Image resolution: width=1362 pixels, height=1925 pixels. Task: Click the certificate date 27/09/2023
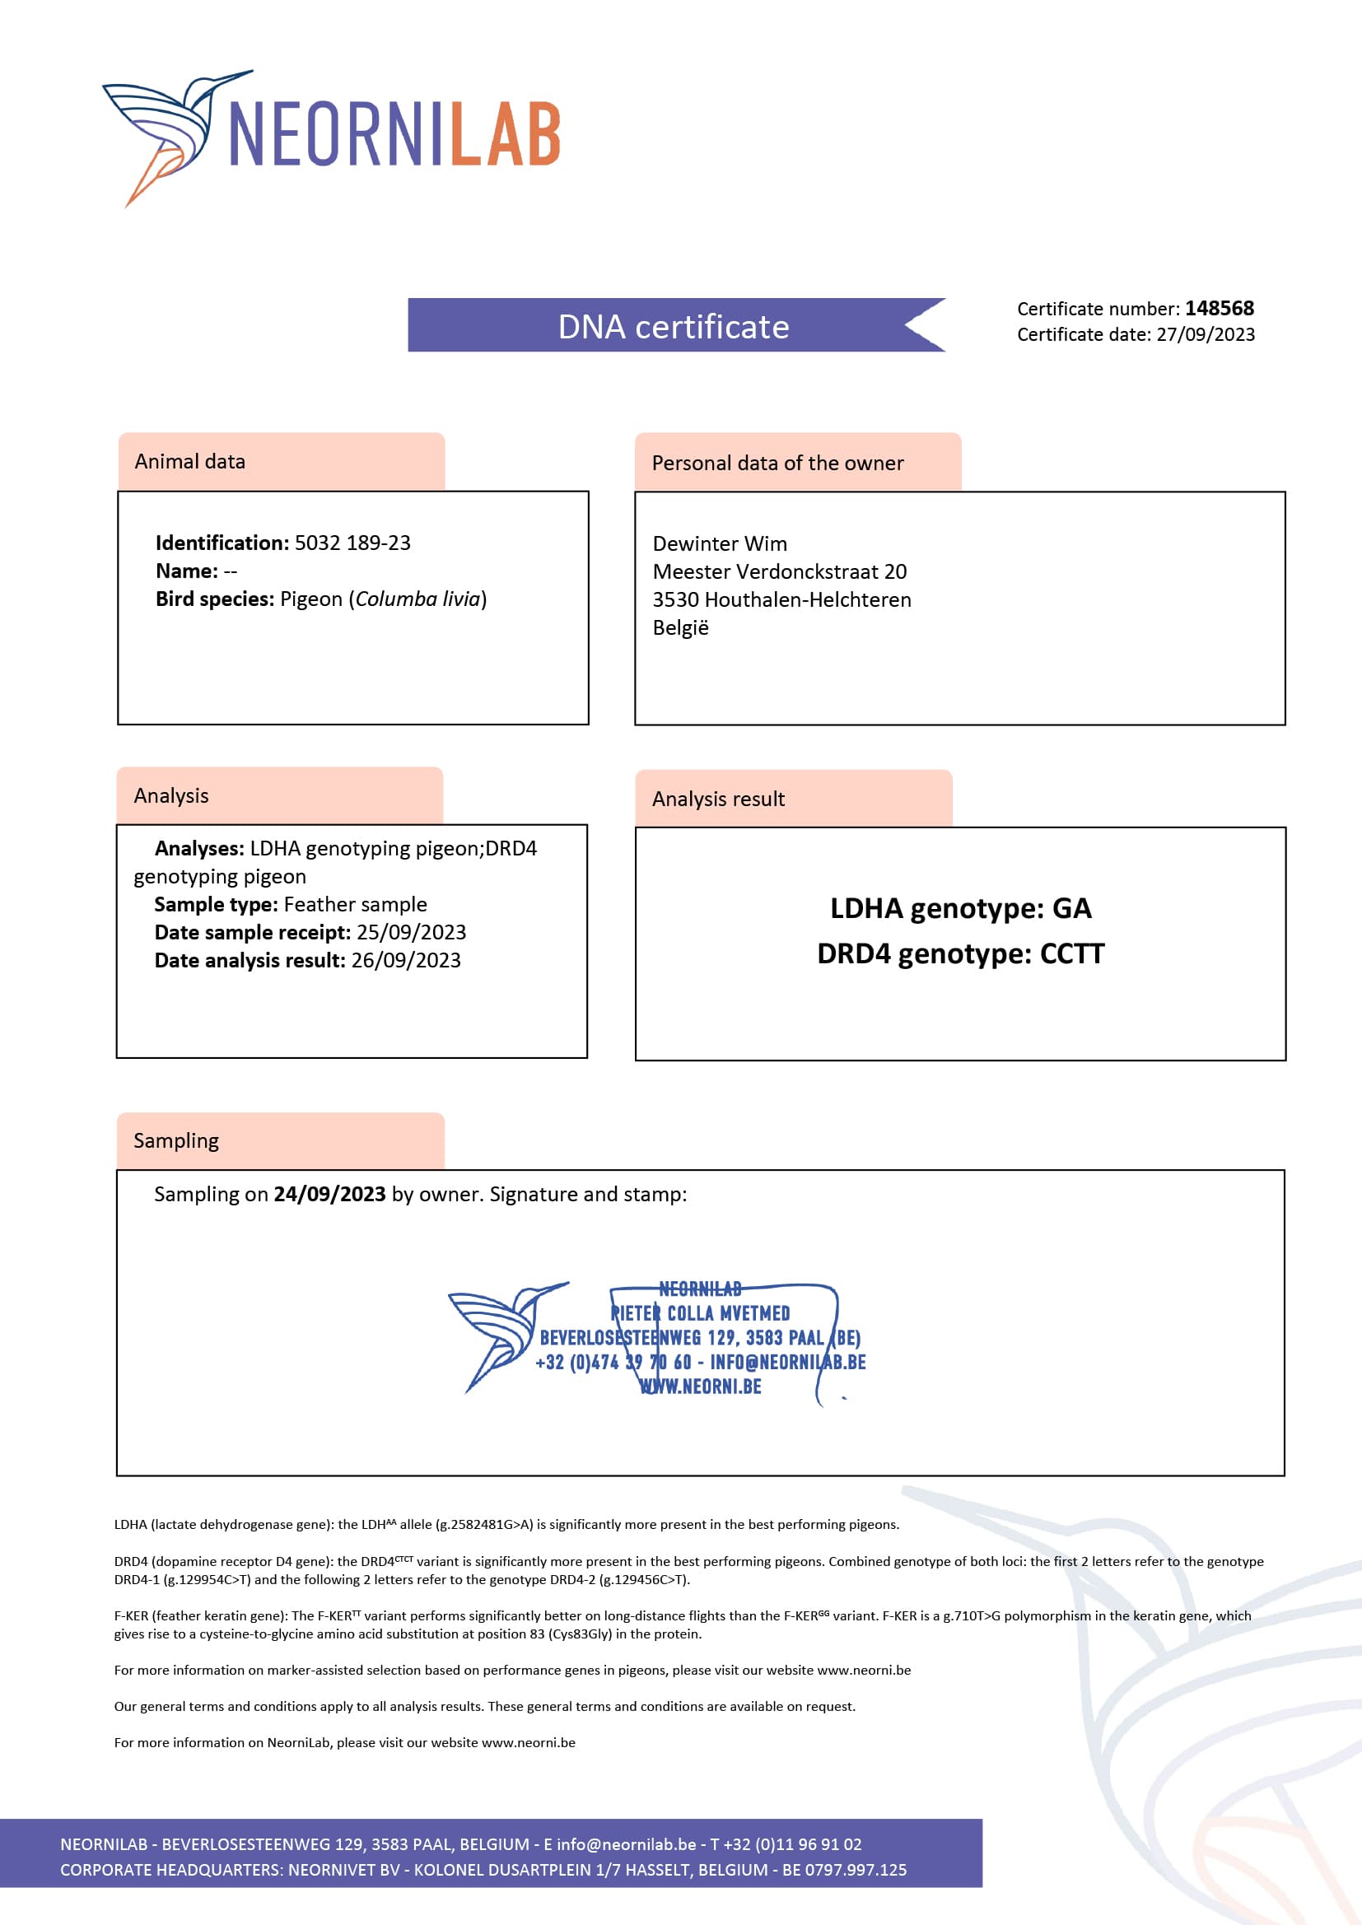[x=1206, y=334]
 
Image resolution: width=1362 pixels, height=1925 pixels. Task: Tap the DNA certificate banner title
[x=674, y=326]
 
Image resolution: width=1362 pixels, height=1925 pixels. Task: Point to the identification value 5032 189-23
[x=352, y=543]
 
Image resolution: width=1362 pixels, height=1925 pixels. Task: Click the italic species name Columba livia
[x=417, y=599]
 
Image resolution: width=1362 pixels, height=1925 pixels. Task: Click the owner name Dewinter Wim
[x=720, y=544]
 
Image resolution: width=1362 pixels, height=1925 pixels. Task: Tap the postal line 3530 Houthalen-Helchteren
[x=781, y=600]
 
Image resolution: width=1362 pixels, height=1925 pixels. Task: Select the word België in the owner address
[x=680, y=628]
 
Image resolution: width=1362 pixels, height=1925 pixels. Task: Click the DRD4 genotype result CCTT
[x=1072, y=954]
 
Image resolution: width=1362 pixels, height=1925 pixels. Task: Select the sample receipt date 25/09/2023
[x=411, y=932]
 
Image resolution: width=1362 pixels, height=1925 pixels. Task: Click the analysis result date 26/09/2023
[x=406, y=961]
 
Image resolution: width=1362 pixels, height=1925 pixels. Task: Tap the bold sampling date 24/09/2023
[x=329, y=1194]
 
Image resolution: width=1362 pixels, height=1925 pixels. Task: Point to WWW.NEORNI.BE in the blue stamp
[x=700, y=1387]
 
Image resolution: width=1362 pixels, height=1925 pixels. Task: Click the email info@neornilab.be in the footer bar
[x=626, y=1844]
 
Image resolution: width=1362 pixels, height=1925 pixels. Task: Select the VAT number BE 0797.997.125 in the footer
[x=845, y=1870]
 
